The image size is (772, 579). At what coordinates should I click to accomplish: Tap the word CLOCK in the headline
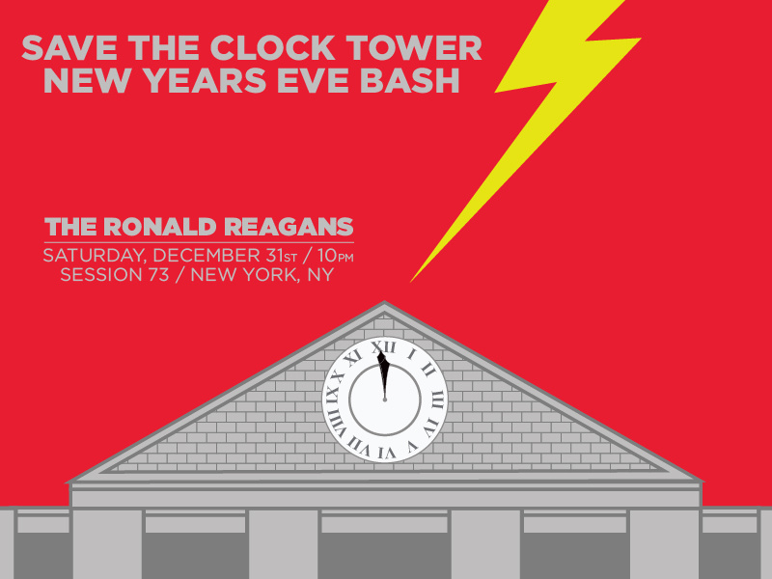tap(272, 47)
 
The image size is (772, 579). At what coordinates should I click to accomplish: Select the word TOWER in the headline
tap(414, 47)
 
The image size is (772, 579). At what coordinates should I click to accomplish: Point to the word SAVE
tap(69, 47)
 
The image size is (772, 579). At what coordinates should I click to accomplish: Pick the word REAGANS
tap(289, 227)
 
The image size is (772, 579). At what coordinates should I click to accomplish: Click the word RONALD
tap(159, 227)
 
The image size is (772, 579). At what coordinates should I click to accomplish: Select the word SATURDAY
tap(94, 256)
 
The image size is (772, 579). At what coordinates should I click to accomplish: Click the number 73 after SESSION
tap(158, 275)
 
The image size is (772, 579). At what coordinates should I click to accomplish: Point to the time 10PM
tap(335, 256)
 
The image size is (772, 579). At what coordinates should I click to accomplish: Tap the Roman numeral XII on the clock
tap(383, 347)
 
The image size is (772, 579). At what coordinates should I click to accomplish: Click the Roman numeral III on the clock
tap(437, 400)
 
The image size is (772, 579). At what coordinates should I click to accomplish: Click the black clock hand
tap(383, 375)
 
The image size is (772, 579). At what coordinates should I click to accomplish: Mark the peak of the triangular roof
tap(384, 301)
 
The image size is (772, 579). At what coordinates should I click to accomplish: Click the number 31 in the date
tap(274, 256)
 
